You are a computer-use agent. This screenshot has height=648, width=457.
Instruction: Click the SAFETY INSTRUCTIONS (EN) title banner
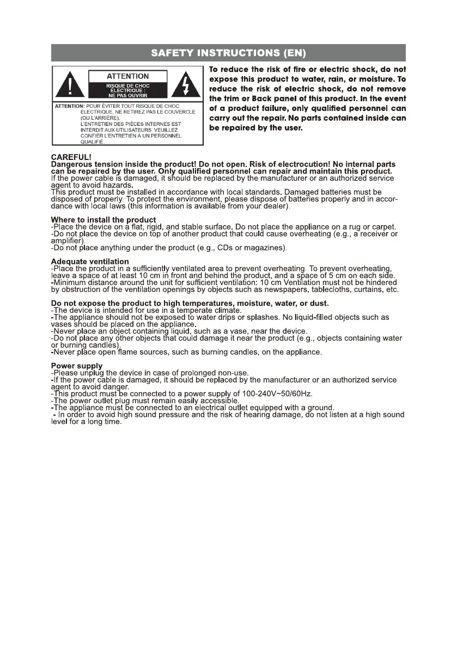pyautogui.click(x=228, y=53)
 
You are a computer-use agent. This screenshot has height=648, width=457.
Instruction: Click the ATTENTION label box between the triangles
pyautogui.click(x=127, y=76)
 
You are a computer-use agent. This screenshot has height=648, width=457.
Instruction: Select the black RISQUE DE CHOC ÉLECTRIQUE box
pyautogui.click(x=127, y=90)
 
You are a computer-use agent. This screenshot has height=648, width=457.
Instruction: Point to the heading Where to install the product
pyautogui.click(x=103, y=220)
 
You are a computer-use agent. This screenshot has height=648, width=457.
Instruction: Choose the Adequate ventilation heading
pyautogui.click(x=90, y=262)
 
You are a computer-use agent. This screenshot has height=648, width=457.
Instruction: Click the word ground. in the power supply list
pyautogui.click(x=319, y=408)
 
